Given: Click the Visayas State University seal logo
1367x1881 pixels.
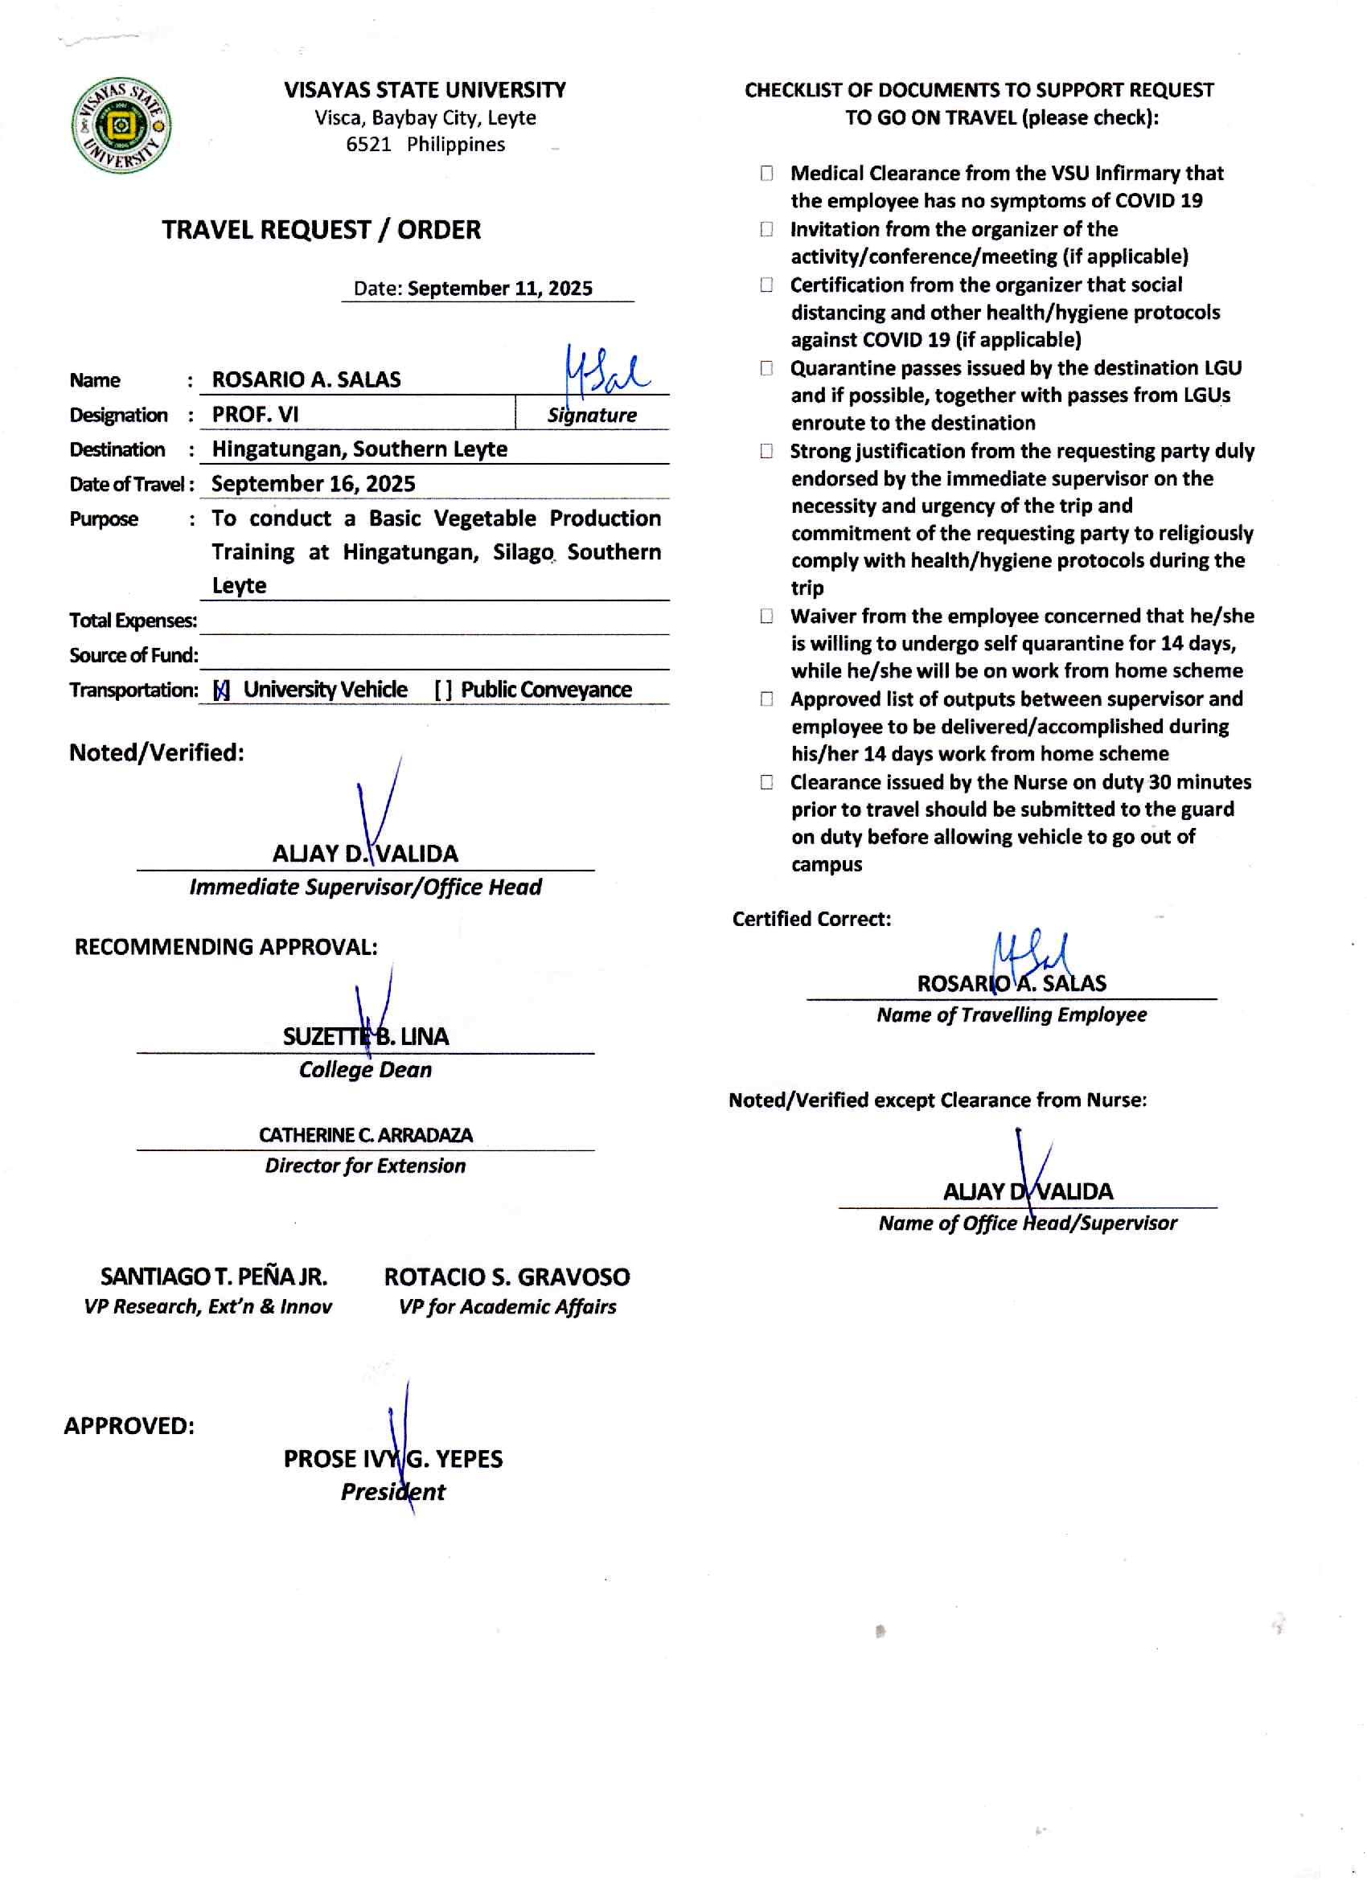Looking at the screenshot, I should [x=121, y=125].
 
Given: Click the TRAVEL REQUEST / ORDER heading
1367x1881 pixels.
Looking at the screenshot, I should [x=321, y=230].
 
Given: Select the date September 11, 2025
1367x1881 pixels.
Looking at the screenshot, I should [x=499, y=289].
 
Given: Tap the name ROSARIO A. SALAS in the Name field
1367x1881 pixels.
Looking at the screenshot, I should [x=306, y=380].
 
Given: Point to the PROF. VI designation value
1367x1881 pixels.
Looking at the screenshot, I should [x=255, y=415].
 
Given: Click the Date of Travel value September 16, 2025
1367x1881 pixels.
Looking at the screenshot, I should [x=313, y=484].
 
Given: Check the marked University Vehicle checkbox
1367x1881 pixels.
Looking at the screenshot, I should [x=221, y=690].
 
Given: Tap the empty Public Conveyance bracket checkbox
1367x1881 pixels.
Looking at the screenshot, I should [x=443, y=690].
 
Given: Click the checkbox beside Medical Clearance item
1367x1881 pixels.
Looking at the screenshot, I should [x=766, y=174].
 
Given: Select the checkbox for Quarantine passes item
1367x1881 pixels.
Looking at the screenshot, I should [x=766, y=368].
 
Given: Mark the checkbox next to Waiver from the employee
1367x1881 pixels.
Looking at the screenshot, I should [x=766, y=617].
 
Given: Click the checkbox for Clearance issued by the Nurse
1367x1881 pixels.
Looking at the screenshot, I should [x=766, y=782].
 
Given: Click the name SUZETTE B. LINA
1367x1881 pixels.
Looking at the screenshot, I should [x=366, y=1037].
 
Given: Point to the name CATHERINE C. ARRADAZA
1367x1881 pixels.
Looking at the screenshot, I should [x=366, y=1134].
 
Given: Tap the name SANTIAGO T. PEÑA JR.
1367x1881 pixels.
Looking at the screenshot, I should [x=213, y=1277].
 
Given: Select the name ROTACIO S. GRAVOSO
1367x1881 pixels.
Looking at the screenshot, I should [x=507, y=1277].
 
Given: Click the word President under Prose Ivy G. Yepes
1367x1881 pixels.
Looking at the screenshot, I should [x=392, y=1492].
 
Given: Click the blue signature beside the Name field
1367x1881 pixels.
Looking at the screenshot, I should [x=606, y=371].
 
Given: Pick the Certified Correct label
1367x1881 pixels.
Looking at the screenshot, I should [x=811, y=919].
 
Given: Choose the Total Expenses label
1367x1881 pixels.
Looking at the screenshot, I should [x=133, y=621].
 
